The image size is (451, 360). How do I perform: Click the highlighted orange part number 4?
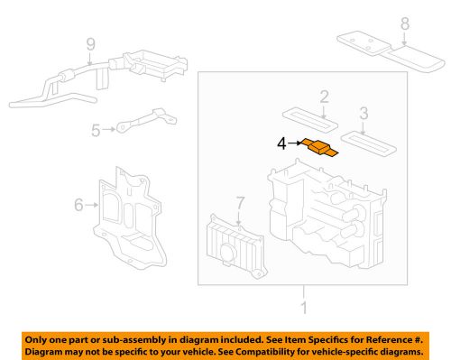[x=321, y=147]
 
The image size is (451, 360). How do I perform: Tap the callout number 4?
[x=281, y=143]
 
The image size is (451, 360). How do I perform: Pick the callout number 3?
[x=363, y=115]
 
